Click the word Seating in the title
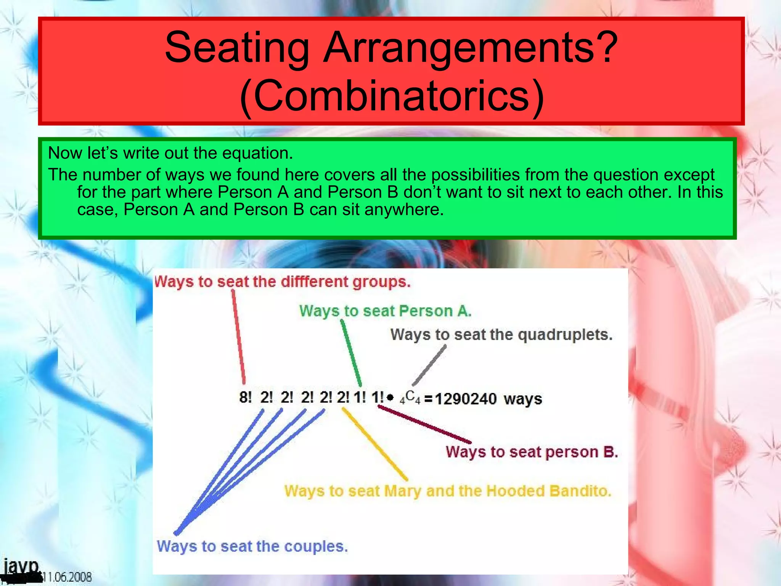pyautogui.click(x=237, y=47)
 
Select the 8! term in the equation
pyautogui.click(x=246, y=398)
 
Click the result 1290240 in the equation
pyautogui.click(x=466, y=399)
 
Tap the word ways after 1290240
pyautogui.click(x=522, y=399)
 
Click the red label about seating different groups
pyautogui.click(x=283, y=282)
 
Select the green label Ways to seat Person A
pyautogui.click(x=385, y=311)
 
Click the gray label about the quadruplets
pyautogui.click(x=501, y=335)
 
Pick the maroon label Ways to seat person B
pyautogui.click(x=532, y=452)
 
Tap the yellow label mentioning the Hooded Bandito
pyautogui.click(x=448, y=491)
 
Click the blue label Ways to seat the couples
pyautogui.click(x=252, y=546)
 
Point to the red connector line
pyautogui.click(x=238, y=336)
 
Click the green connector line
pyautogui.click(x=351, y=353)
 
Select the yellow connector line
pyautogui.click(x=374, y=444)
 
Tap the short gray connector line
pyautogui.click(x=429, y=365)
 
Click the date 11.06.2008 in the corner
pyautogui.click(x=69, y=577)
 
